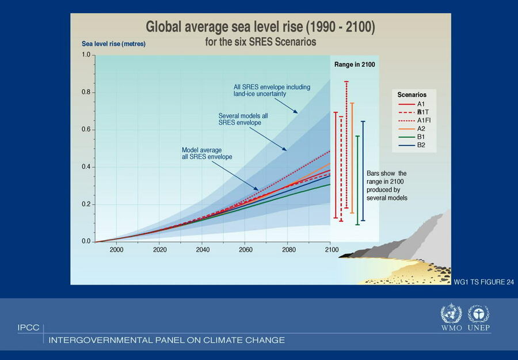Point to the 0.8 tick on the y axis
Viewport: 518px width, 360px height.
86,92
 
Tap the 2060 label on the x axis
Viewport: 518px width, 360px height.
246,249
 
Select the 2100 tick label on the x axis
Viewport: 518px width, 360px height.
332,249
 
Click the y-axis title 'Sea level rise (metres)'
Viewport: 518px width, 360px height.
113,44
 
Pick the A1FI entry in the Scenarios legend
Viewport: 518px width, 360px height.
424,120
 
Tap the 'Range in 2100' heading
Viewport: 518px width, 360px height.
355,65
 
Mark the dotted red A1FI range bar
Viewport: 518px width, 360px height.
346,144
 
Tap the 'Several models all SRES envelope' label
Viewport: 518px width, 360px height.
243,119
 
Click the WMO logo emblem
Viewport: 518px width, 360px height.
451,314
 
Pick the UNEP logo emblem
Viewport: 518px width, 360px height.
478,314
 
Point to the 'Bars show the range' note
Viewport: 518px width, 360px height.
387,185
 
